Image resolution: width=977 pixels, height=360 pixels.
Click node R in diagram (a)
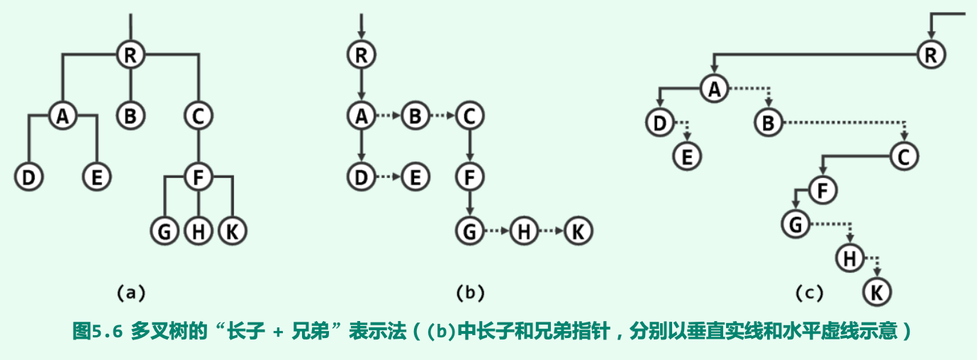click(130, 54)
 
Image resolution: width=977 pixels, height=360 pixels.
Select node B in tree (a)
click(130, 116)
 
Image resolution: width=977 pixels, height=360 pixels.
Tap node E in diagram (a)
click(96, 176)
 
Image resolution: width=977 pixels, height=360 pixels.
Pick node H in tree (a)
click(198, 231)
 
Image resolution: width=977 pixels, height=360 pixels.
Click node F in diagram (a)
click(198, 176)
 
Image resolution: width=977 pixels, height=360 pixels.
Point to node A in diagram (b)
click(362, 116)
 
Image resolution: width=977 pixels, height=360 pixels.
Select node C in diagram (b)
click(468, 116)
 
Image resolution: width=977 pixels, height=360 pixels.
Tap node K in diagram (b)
click(578, 231)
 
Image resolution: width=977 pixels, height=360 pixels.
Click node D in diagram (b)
click(362, 176)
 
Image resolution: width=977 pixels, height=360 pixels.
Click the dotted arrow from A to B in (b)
click(388, 116)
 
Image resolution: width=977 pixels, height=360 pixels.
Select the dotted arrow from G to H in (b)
click(496, 231)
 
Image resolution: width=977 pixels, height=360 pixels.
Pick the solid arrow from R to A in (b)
click(362, 84)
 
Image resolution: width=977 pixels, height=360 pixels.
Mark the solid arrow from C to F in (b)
click(468, 145)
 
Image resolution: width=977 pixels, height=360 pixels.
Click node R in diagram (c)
click(930, 54)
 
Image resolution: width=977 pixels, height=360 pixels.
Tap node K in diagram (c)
click(877, 291)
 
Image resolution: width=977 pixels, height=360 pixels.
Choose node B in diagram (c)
click(767, 123)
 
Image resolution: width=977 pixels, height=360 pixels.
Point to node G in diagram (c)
click(795, 225)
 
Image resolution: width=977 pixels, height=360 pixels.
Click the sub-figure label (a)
click(130, 292)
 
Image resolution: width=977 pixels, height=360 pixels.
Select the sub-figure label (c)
click(808, 292)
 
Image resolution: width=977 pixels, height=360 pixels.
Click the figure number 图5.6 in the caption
click(98, 331)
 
